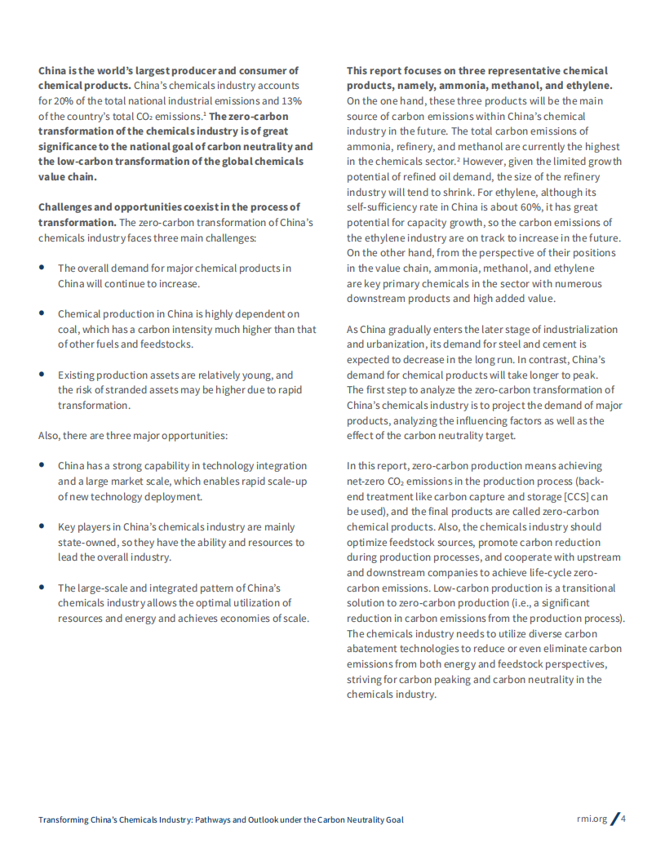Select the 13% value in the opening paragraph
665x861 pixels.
pos(293,101)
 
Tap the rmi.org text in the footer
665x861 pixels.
pos(592,819)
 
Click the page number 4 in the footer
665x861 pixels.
pos(623,819)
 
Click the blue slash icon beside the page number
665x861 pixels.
pos(614,819)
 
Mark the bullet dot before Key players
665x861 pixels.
pos(42,526)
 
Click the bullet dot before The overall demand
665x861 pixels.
pos(42,268)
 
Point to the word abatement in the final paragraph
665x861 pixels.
pos(370,649)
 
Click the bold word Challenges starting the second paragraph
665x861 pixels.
pos(67,206)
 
